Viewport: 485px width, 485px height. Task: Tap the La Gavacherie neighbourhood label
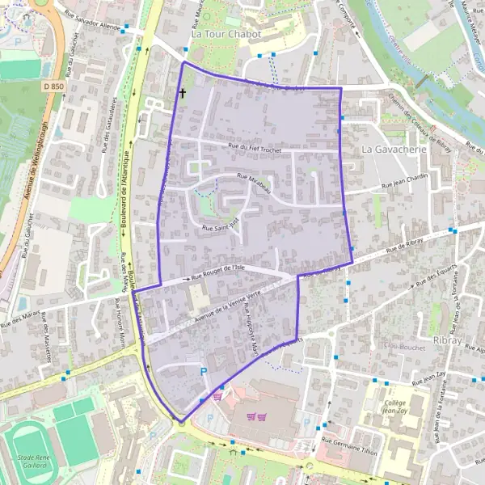(394, 150)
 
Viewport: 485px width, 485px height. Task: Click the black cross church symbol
(182, 94)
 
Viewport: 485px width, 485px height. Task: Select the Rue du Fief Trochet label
(259, 146)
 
